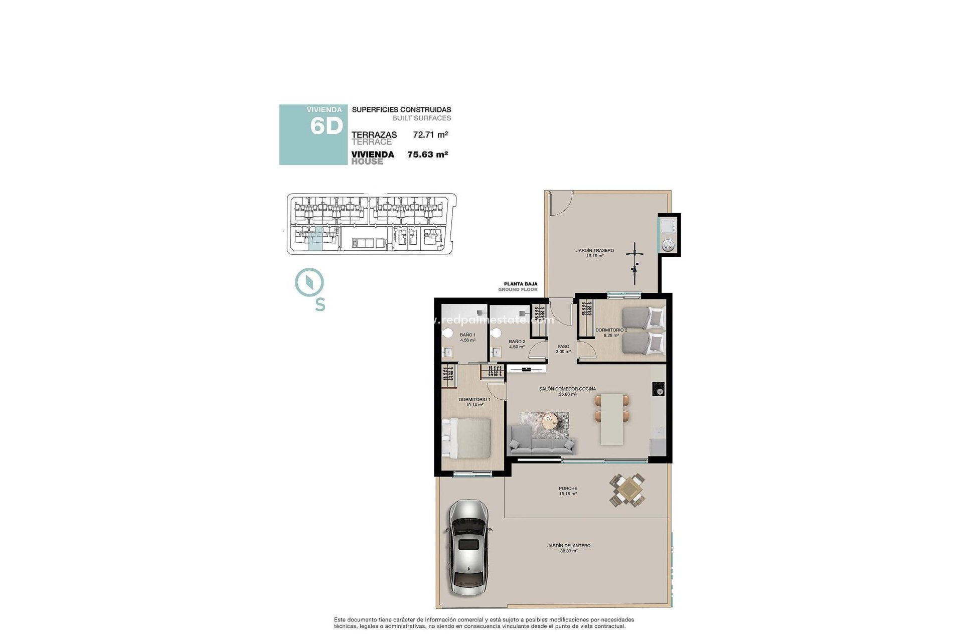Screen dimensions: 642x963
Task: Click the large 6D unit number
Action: [x=326, y=126]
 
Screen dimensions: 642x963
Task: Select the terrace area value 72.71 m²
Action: [x=430, y=134]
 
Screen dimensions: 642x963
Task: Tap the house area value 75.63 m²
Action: [x=427, y=154]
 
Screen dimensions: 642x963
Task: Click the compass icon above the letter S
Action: [x=309, y=282]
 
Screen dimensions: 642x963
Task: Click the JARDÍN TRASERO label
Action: [x=595, y=251]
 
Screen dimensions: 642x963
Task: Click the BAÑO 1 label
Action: [x=467, y=335]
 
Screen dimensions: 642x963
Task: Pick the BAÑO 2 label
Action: [x=517, y=342]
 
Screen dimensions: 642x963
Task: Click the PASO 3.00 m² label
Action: [x=563, y=349]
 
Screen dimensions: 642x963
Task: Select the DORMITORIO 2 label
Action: [x=611, y=331]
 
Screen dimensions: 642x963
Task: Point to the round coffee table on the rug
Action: [x=550, y=421]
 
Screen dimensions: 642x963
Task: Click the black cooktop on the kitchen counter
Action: [x=659, y=389]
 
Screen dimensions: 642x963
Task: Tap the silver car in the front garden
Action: [x=468, y=547]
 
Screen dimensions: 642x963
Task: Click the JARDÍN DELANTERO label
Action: [x=569, y=546]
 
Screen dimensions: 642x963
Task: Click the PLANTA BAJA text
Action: [x=521, y=284]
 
